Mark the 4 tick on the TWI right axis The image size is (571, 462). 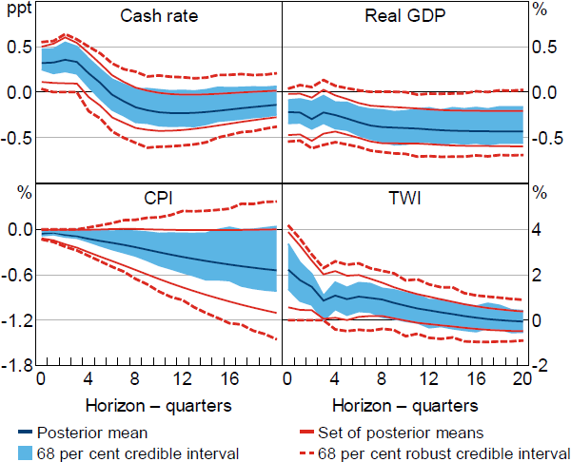click(540, 229)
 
